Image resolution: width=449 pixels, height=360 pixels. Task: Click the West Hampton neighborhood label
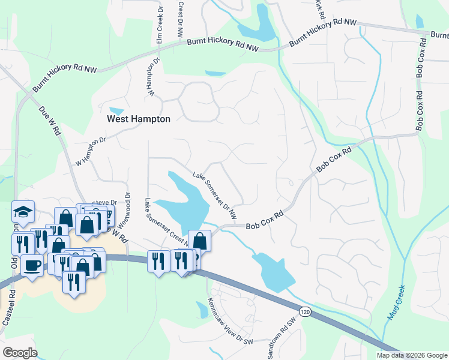tap(138, 119)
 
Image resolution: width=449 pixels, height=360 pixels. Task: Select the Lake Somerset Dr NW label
tap(214, 195)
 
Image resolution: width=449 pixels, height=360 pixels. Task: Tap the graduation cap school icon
tap(23, 211)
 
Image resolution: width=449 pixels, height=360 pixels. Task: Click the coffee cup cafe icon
tap(32, 264)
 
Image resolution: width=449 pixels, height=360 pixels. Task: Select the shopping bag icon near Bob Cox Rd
tap(199, 241)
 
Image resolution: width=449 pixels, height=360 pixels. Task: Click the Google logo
tap(20, 353)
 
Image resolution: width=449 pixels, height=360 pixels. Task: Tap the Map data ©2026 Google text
tap(412, 355)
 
